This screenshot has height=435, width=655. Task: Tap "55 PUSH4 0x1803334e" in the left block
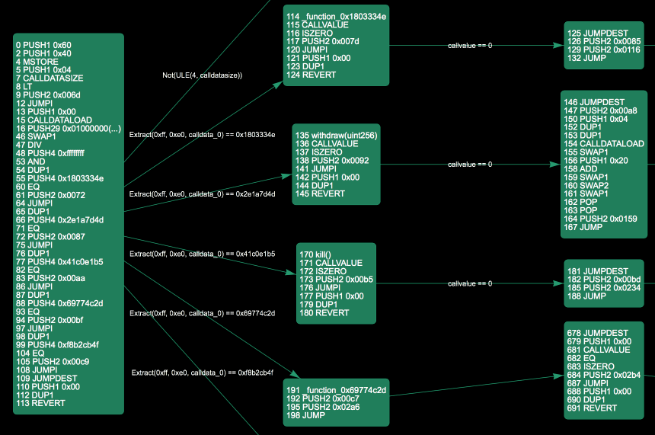click(x=59, y=178)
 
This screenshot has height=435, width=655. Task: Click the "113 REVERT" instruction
click(x=40, y=403)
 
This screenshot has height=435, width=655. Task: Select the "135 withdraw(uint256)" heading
click(x=337, y=136)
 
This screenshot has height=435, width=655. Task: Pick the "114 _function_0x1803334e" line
click(x=336, y=17)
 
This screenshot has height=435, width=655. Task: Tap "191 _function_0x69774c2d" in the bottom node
click(x=336, y=390)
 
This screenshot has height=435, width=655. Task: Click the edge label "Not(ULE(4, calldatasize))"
click(x=202, y=75)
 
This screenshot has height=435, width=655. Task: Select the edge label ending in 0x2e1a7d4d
click(x=202, y=194)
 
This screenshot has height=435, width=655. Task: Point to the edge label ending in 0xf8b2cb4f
click(x=202, y=373)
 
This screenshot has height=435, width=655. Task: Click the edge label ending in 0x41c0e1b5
click(x=202, y=254)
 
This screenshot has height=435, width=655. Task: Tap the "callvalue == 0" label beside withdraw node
click(x=470, y=165)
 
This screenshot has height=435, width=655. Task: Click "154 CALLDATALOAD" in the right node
click(x=603, y=143)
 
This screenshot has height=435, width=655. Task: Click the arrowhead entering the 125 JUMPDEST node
click(x=560, y=46)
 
